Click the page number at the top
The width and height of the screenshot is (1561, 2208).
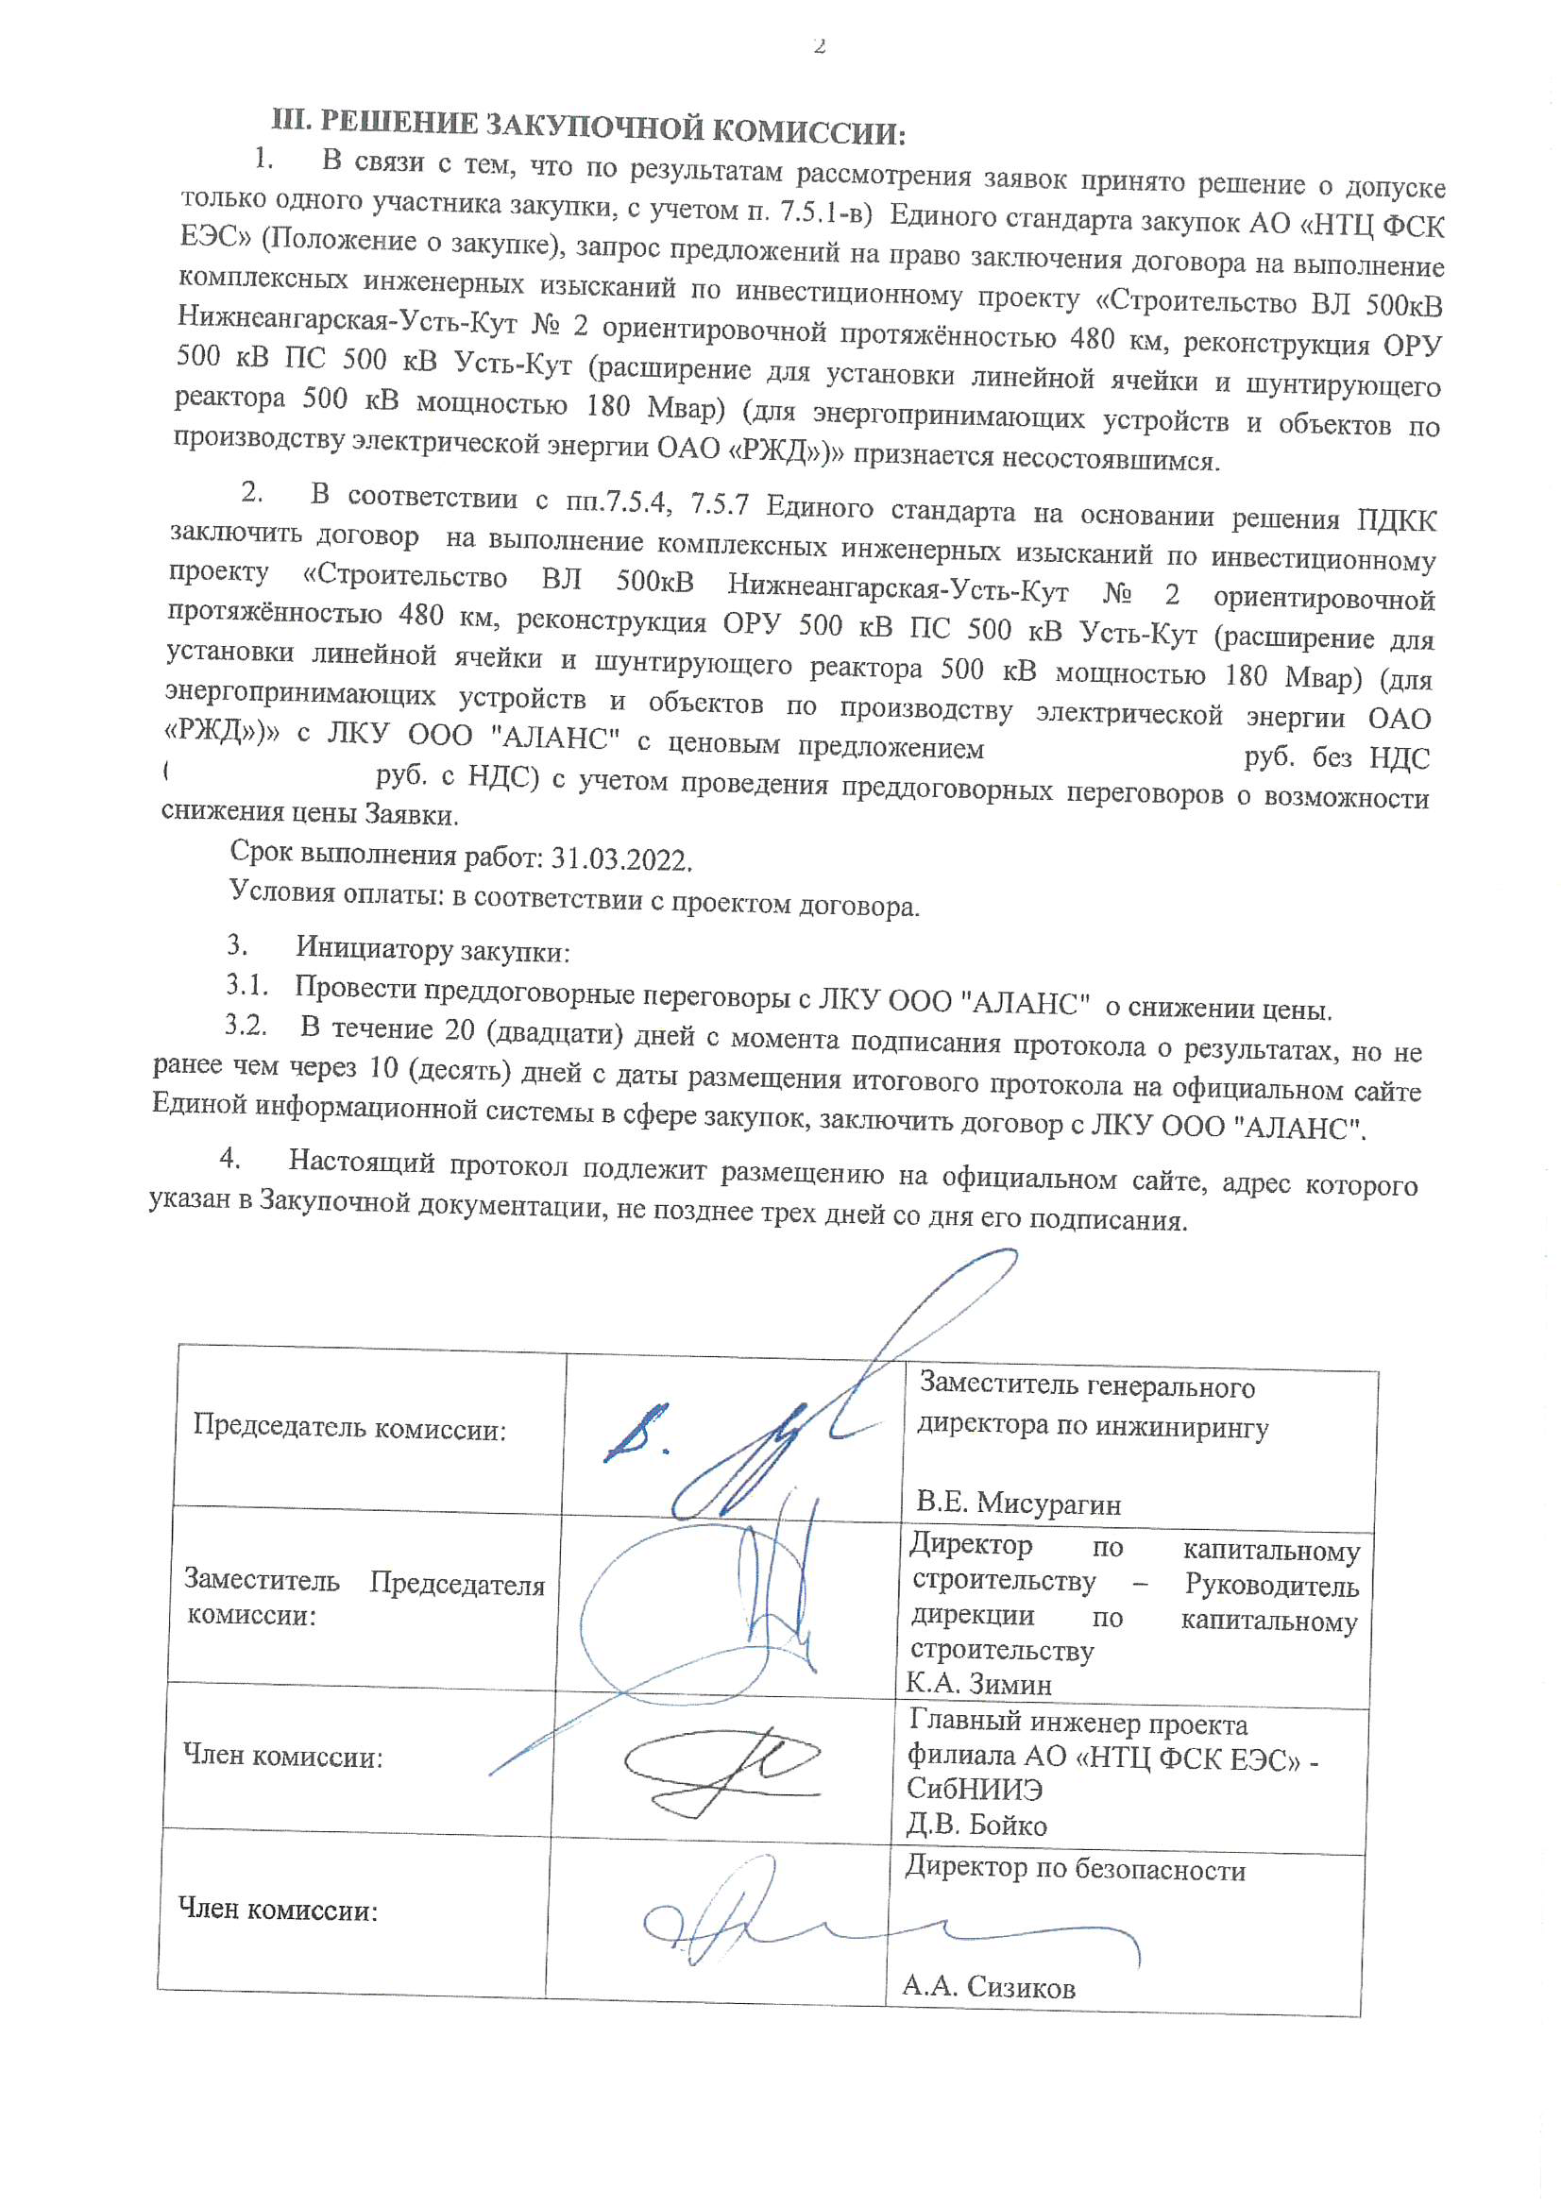tap(819, 45)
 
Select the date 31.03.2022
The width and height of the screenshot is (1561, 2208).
tap(620, 858)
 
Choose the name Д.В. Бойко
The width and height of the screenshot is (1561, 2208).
tap(976, 1825)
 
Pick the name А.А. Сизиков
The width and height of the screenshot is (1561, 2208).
tap(988, 1987)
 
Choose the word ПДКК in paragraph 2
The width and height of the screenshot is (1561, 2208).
tap(1397, 521)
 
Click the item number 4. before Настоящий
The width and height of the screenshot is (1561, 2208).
tap(229, 1158)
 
